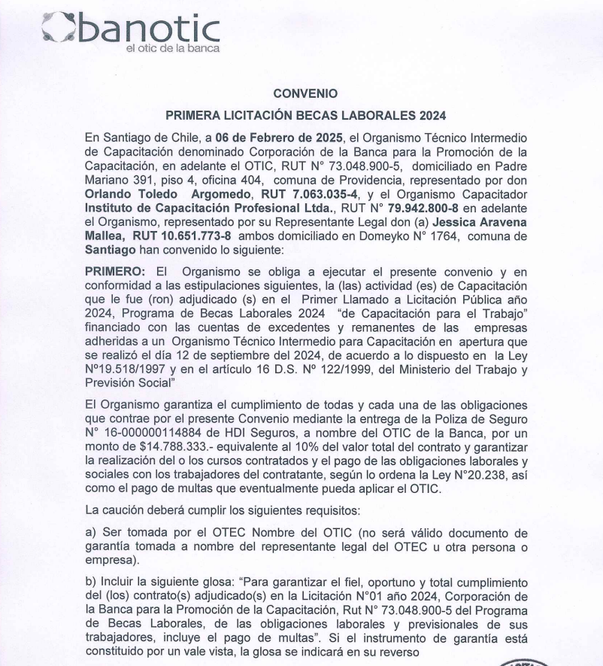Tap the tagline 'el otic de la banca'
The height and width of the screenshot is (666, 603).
173,49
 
